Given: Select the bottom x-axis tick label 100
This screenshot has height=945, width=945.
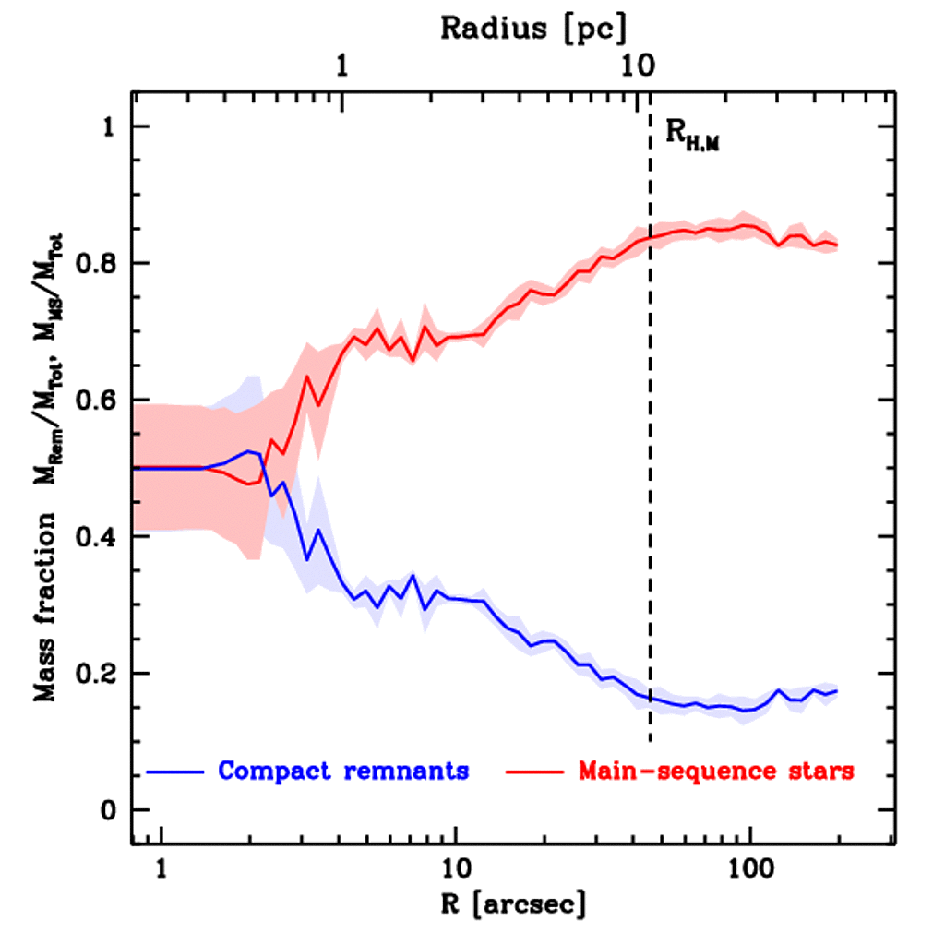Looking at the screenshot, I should coord(749,867).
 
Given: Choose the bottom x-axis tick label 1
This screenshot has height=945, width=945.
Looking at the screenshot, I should coord(161,867).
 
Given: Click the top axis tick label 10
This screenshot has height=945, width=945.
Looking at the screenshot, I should coord(634,66).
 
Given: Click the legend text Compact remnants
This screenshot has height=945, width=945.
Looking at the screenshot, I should coord(343,771).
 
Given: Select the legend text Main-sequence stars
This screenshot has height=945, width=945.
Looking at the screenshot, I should coord(716,771).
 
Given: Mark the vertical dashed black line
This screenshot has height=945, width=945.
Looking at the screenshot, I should coord(651,461).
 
